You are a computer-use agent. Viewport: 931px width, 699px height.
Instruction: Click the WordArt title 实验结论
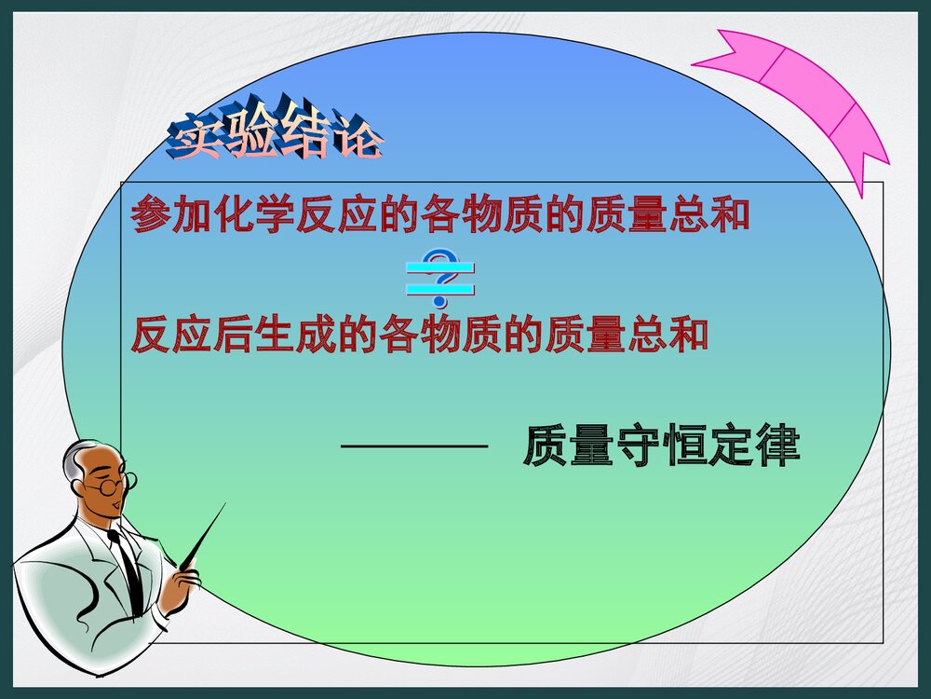pos(275,138)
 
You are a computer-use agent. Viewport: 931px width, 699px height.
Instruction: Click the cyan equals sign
pos(440,281)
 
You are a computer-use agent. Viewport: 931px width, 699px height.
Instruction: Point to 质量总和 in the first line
pos(668,215)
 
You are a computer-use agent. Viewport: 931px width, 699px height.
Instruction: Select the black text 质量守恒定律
pos(661,447)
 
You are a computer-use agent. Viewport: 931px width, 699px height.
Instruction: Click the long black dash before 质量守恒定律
pos(415,447)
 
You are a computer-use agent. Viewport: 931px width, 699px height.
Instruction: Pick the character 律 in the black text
pos(777,447)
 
